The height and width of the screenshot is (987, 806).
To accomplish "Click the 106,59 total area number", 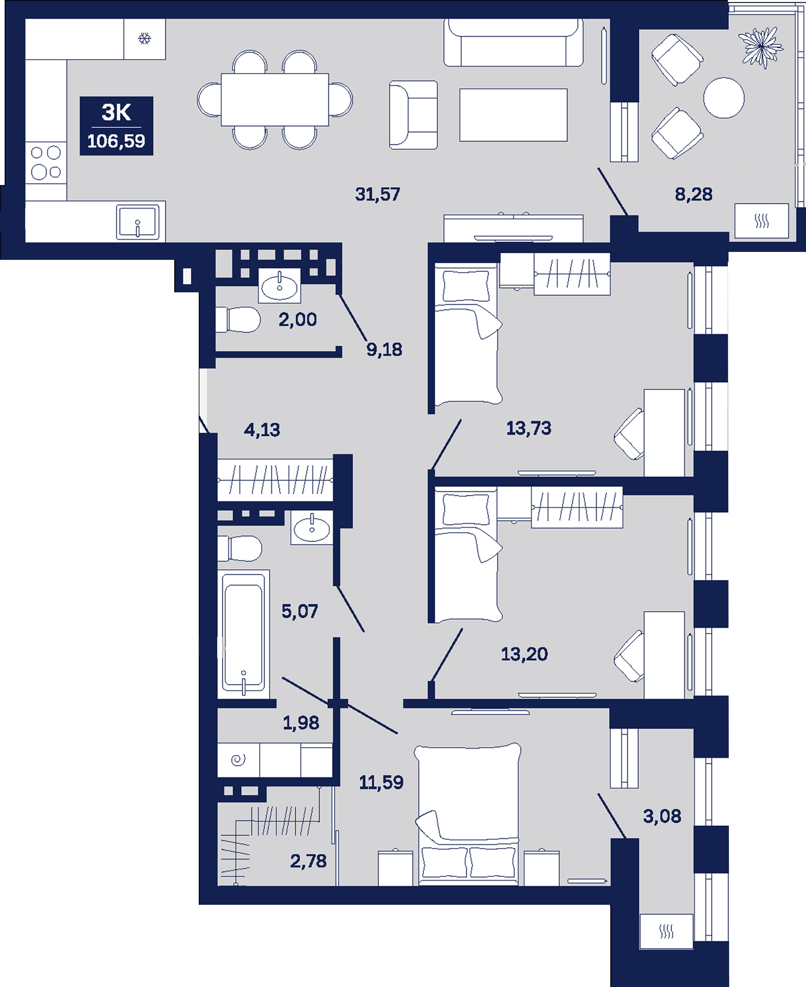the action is point(116,141).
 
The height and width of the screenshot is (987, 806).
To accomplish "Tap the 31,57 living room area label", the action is point(378,194).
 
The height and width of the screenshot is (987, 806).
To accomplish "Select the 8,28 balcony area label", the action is point(694,194).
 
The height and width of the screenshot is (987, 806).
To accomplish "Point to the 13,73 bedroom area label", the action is point(529,428).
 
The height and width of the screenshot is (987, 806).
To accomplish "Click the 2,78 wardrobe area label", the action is point(308,861).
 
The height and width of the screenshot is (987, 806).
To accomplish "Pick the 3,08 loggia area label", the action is point(662,816).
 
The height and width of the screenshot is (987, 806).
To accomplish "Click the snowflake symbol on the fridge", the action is point(144,38).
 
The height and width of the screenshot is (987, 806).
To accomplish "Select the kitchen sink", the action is point(137,222).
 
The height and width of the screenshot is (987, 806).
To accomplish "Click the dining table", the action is point(275,99).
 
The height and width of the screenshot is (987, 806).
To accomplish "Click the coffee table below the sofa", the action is point(514,115).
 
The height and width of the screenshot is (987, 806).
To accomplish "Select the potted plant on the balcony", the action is point(761,47).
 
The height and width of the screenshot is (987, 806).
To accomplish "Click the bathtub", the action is point(243,634).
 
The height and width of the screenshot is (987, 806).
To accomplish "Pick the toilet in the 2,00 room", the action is point(238,320).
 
